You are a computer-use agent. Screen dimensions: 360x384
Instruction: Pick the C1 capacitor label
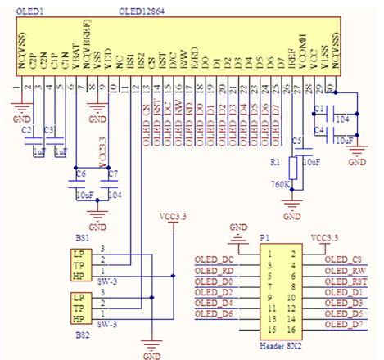click(x=320, y=109)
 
